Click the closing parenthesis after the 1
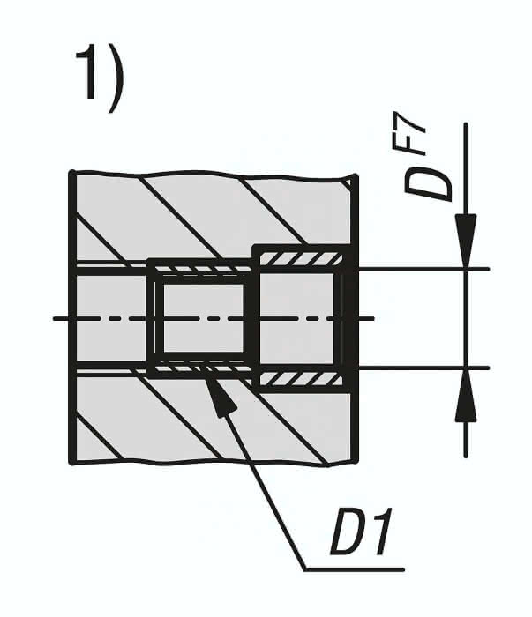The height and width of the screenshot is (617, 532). (x=116, y=78)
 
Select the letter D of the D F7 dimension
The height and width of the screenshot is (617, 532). (x=428, y=184)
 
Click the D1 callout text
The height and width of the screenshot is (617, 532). (x=361, y=532)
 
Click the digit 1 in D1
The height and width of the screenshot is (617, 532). (x=381, y=532)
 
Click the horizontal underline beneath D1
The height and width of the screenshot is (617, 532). (x=355, y=569)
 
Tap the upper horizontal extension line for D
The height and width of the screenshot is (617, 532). (x=423, y=269)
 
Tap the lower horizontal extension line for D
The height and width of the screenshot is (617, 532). (x=423, y=368)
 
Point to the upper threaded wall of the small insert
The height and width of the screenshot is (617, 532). (x=202, y=268)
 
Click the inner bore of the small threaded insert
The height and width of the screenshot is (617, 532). (x=203, y=318)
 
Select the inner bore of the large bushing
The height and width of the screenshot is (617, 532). (x=297, y=318)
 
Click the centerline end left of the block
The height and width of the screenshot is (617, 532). (x=54, y=318)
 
